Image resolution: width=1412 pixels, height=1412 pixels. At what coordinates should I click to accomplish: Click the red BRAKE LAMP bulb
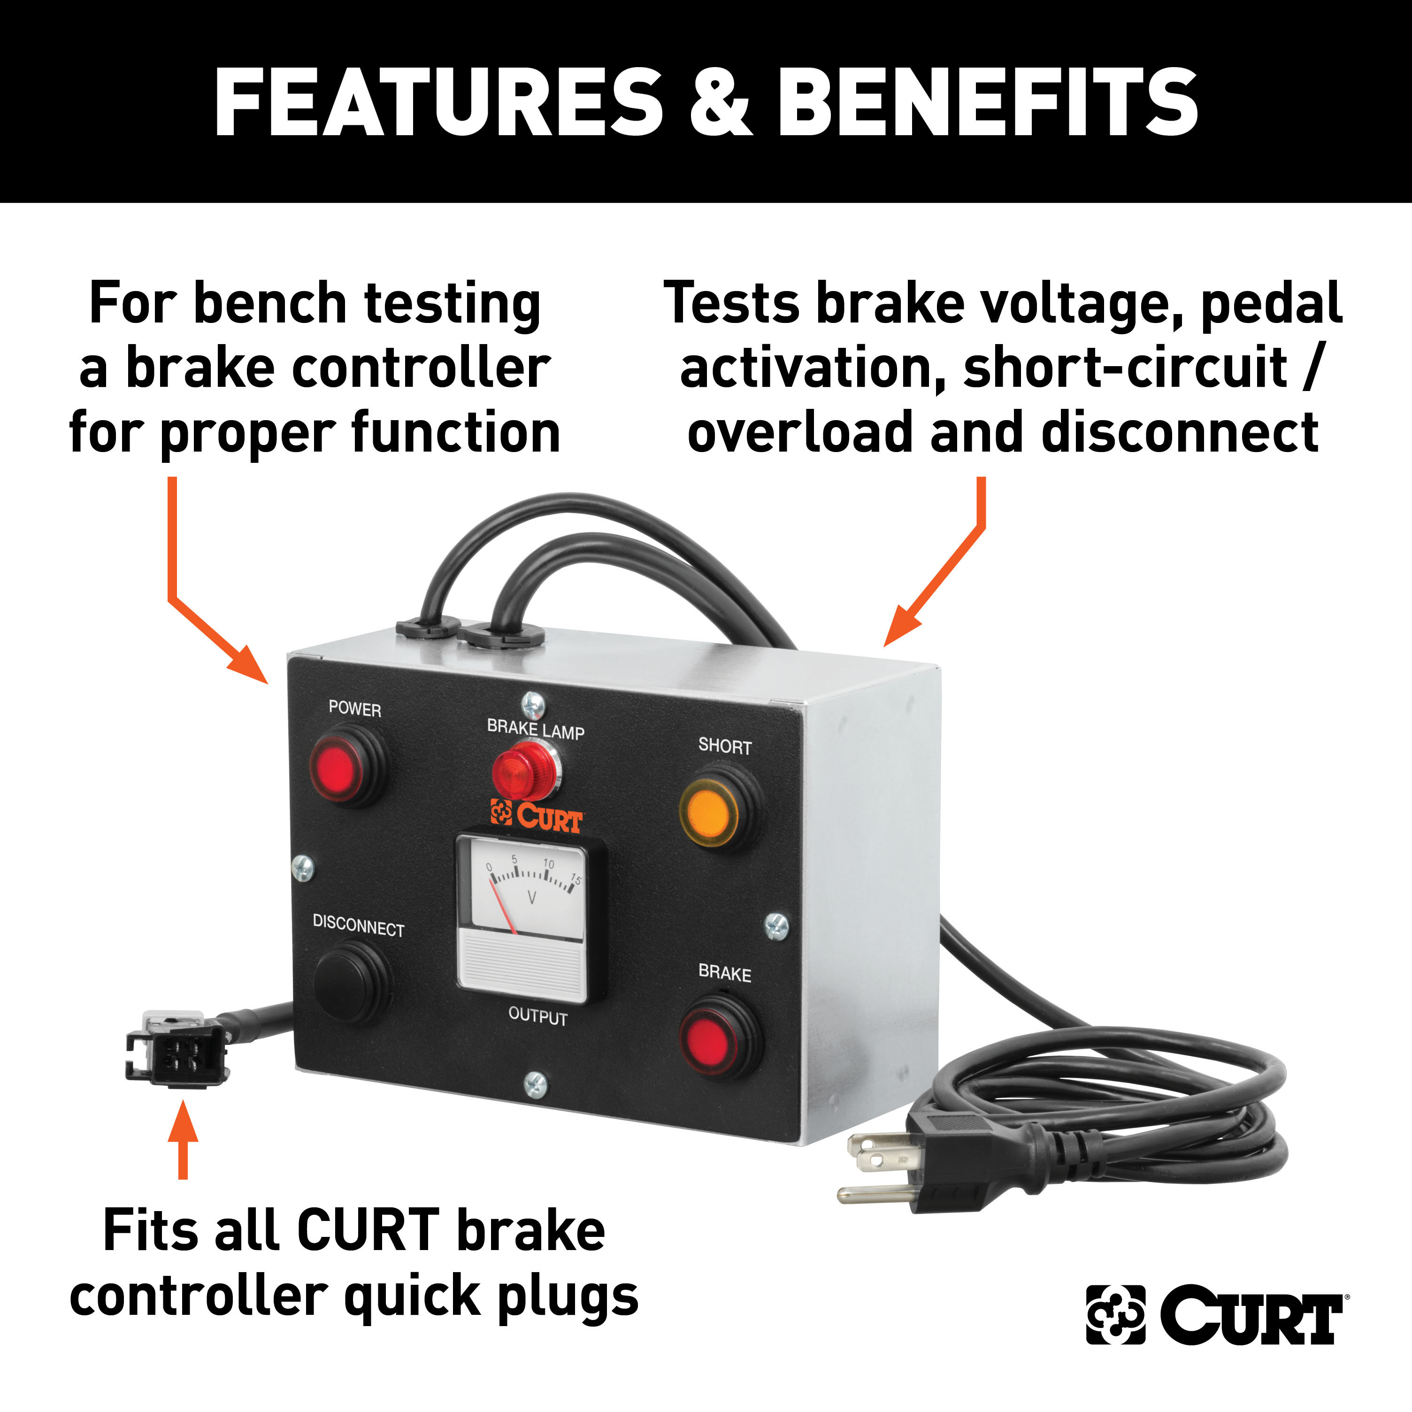[521, 769]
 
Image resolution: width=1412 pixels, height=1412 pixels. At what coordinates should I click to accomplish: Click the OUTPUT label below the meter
[538, 1017]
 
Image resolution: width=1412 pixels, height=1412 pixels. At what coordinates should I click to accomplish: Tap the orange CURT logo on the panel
[537, 816]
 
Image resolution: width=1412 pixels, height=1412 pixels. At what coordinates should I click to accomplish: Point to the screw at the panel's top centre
[533, 705]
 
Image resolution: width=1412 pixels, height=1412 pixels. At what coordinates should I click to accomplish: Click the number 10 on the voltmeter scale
[548, 864]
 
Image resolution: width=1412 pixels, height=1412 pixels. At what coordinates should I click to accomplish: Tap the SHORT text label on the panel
[725, 746]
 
